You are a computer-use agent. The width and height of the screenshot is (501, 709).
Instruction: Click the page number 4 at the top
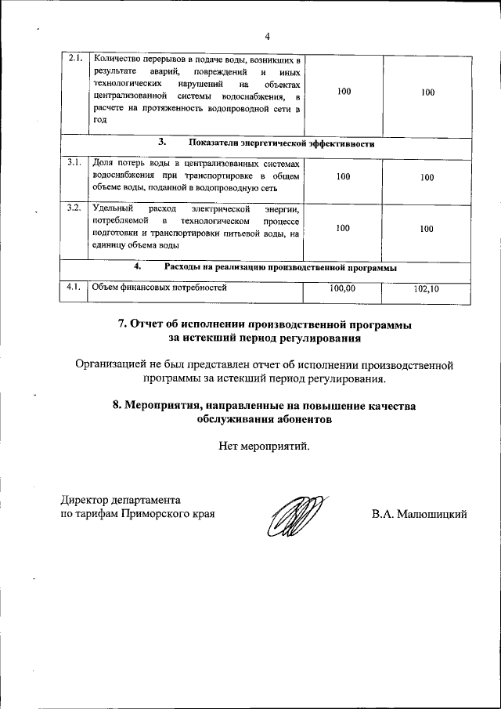pyautogui.click(x=267, y=36)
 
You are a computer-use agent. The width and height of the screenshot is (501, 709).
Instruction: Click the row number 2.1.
pyautogui.click(x=75, y=60)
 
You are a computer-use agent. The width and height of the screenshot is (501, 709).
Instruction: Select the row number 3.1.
pyautogui.click(x=74, y=162)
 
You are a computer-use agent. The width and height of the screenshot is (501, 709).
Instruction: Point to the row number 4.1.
pyautogui.click(x=74, y=287)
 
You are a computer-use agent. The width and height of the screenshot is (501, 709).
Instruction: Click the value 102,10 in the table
pyautogui.click(x=427, y=289)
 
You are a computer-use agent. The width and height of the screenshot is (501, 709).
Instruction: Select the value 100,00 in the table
pyautogui.click(x=343, y=288)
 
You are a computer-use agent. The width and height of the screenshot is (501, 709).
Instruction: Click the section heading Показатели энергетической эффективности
pyautogui.click(x=281, y=144)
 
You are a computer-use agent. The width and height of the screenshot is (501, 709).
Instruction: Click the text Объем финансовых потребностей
pyautogui.click(x=159, y=288)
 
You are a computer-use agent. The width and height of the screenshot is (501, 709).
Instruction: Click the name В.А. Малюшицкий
pyautogui.click(x=420, y=515)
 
